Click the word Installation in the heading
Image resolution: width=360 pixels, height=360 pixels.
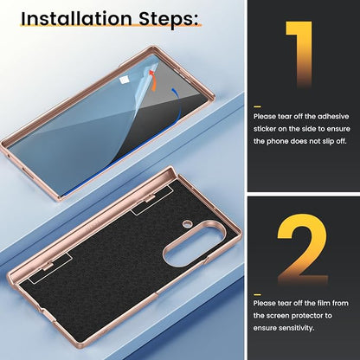coord(76,18)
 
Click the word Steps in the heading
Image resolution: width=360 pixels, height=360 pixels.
coord(169,20)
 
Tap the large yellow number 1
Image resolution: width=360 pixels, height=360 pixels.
coord(299,54)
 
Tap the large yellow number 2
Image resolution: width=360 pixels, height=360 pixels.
coord(302,249)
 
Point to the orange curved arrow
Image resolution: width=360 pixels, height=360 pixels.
coord(152,80)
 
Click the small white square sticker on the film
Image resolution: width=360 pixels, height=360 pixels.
coord(124,80)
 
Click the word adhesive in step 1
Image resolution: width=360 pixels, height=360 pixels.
coord(333,117)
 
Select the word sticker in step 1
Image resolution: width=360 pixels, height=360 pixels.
coord(265,129)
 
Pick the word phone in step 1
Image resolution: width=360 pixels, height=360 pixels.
coord(277,142)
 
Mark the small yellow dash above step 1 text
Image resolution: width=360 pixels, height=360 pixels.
coord(257,106)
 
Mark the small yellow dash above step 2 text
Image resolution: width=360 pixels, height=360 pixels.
coord(257,294)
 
